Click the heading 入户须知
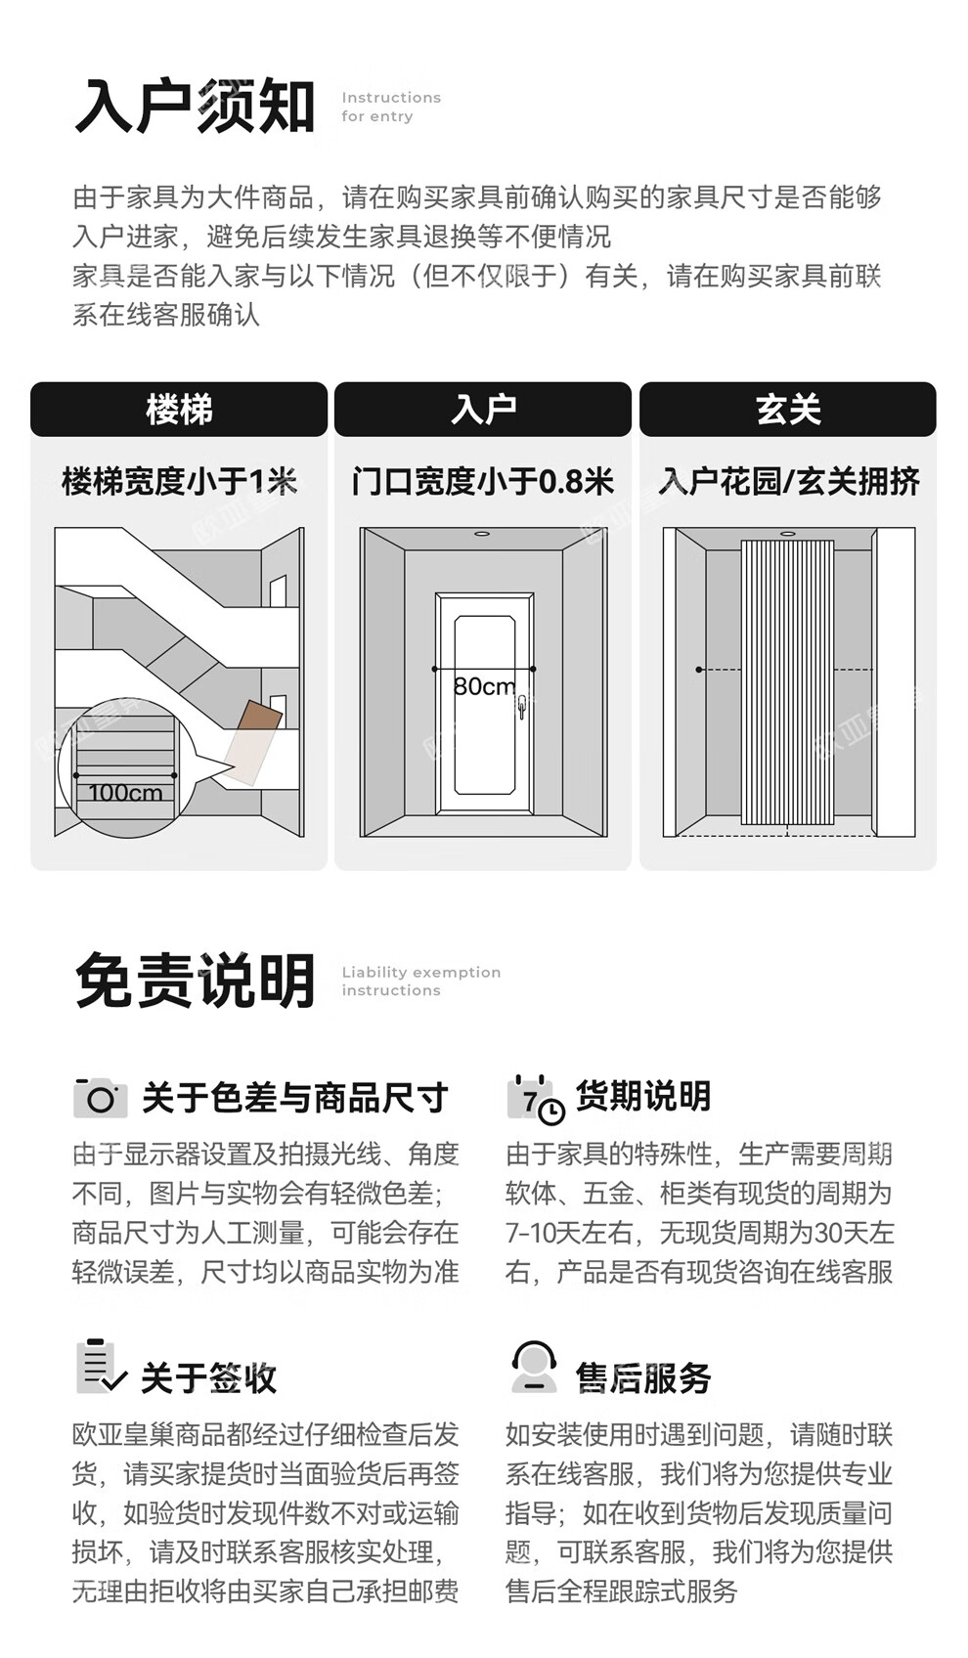point(195,107)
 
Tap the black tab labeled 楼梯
point(179,410)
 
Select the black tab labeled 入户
point(483,410)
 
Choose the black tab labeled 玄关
point(788,410)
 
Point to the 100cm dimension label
point(125,793)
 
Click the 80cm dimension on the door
point(483,686)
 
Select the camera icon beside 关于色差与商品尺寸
point(100,1098)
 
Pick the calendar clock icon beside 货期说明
point(535,1099)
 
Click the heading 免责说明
point(195,981)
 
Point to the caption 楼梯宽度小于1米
point(179,481)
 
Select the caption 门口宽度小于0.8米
point(483,481)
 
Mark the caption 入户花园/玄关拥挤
point(788,481)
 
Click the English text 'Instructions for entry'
point(390,107)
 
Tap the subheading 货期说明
point(642,1097)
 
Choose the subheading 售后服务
point(642,1378)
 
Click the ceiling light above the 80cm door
point(482,534)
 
